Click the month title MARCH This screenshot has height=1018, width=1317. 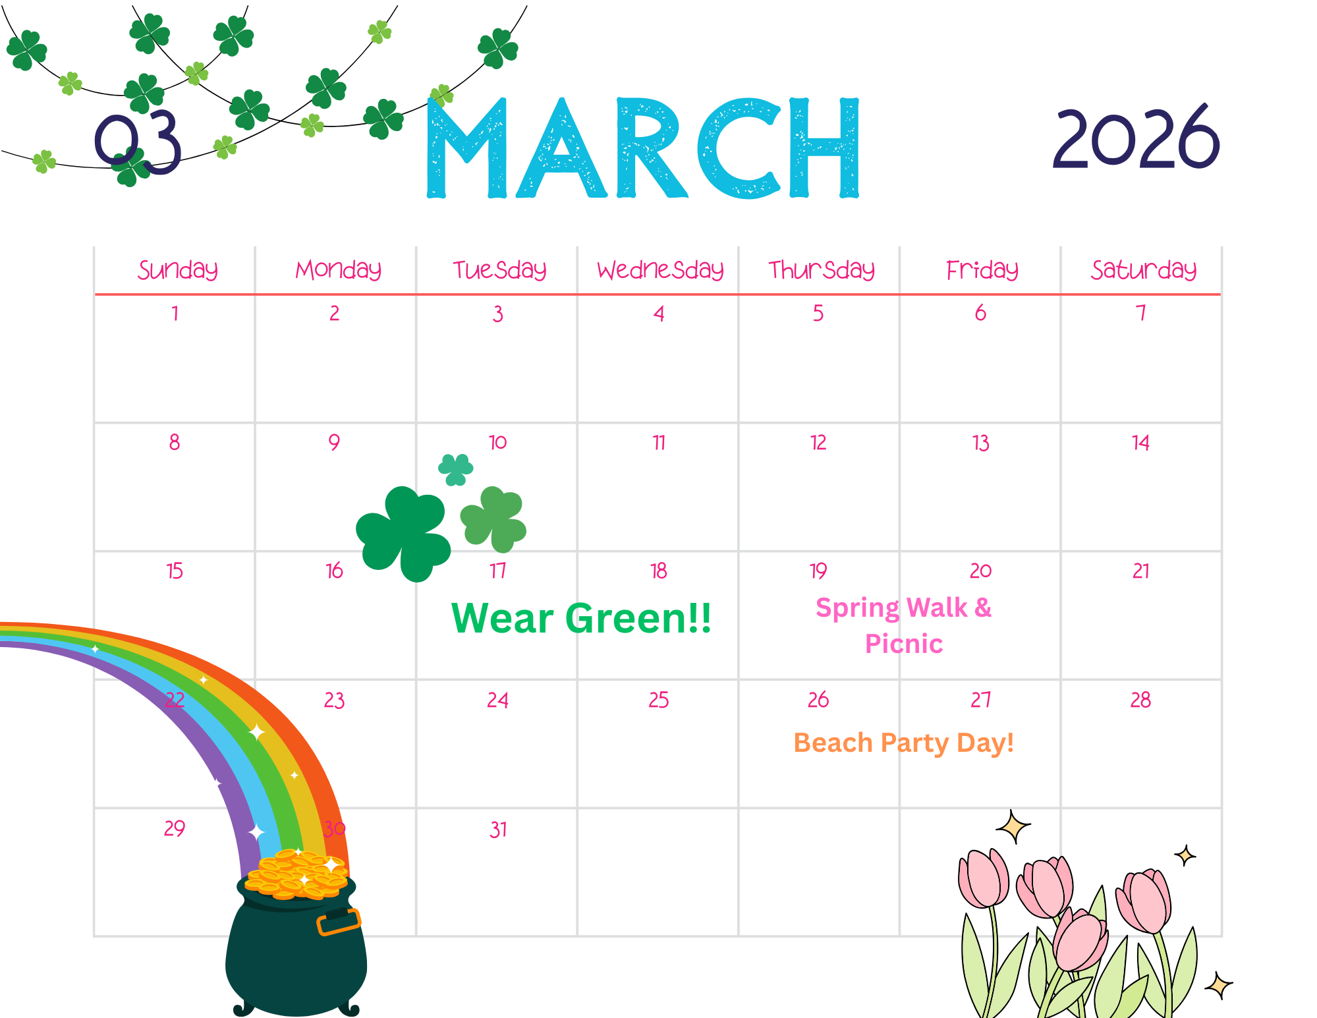[x=643, y=148]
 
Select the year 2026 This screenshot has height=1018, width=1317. [x=1136, y=138]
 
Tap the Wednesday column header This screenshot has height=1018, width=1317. [x=660, y=269]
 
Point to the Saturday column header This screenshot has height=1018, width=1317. [x=1144, y=269]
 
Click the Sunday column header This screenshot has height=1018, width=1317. [x=178, y=269]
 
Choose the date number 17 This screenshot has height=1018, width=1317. [x=498, y=571]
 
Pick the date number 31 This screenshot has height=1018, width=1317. [x=498, y=829]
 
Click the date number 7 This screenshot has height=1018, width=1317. [x=1141, y=312]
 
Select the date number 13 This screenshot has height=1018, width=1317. [x=981, y=442]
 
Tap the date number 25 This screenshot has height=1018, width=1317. [x=659, y=700]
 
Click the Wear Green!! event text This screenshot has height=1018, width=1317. [x=581, y=618]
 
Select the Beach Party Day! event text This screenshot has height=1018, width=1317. [x=903, y=743]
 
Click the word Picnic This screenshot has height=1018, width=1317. [x=904, y=644]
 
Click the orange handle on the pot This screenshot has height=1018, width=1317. [x=339, y=922]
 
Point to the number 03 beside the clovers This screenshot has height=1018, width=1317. [x=138, y=143]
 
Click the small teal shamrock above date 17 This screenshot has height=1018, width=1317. [x=456, y=469]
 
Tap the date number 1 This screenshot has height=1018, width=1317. [x=175, y=312]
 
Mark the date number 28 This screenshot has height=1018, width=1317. [x=1141, y=700]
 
